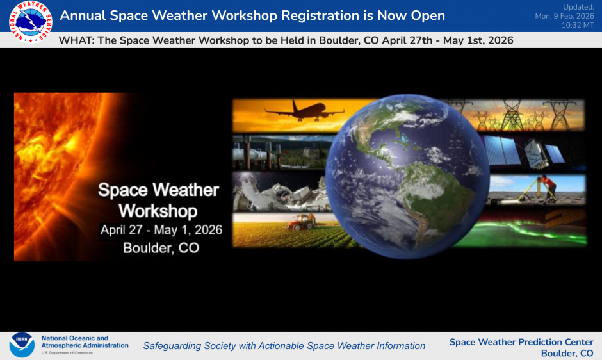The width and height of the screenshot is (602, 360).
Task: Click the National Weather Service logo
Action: pyautogui.click(x=29, y=21)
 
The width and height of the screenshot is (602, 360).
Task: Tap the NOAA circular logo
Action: pyautogui.click(x=21, y=345)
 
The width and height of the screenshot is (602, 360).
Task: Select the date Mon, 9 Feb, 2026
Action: pyautogui.click(x=564, y=16)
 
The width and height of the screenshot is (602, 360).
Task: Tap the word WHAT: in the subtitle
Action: pyautogui.click(x=76, y=40)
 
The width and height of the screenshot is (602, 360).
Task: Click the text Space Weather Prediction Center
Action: pyautogui.click(x=521, y=342)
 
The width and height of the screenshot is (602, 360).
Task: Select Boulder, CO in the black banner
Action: pyautogui.click(x=161, y=248)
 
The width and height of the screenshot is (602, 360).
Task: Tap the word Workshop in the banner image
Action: pyautogui.click(x=158, y=210)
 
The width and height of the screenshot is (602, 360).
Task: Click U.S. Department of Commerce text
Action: pyautogui.click(x=67, y=353)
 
